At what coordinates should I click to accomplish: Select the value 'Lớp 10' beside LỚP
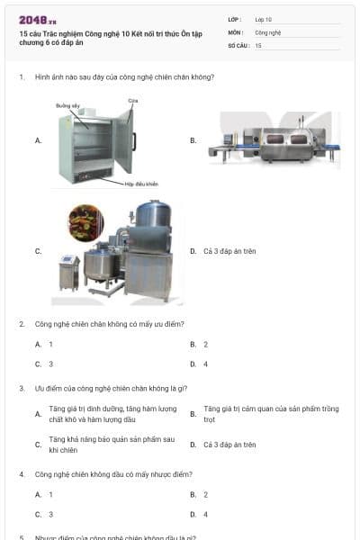click(265, 19)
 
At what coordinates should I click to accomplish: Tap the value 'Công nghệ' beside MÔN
click(268, 31)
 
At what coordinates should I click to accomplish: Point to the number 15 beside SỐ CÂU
click(258, 44)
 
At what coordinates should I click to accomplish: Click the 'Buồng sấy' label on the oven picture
click(68, 105)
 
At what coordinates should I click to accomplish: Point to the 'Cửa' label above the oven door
click(132, 100)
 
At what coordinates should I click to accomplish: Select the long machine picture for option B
click(274, 141)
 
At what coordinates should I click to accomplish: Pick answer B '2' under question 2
click(205, 345)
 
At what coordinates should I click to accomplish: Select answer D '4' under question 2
click(205, 364)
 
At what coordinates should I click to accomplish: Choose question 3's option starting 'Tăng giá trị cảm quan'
click(270, 414)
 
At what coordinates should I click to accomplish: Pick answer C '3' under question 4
click(50, 515)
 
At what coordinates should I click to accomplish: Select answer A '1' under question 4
click(50, 495)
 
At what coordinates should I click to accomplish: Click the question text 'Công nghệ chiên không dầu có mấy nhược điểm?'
click(113, 474)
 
